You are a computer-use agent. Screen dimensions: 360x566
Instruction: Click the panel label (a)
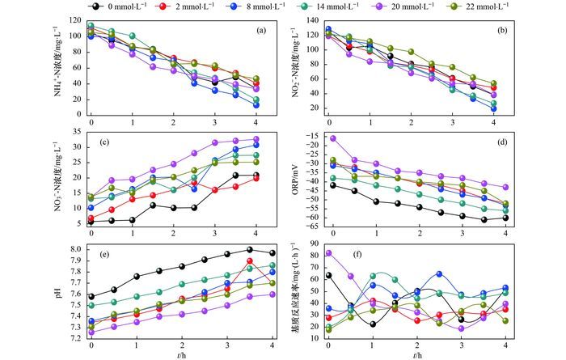point(261,31)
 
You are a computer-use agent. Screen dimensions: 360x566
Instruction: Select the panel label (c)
point(105,142)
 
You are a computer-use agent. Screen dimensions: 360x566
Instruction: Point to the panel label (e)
point(105,254)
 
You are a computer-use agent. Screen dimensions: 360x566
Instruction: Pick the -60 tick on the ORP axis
point(313,217)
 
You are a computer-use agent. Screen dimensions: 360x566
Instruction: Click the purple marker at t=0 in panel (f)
point(328,253)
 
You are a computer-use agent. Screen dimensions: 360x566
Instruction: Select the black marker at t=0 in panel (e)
point(91,297)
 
